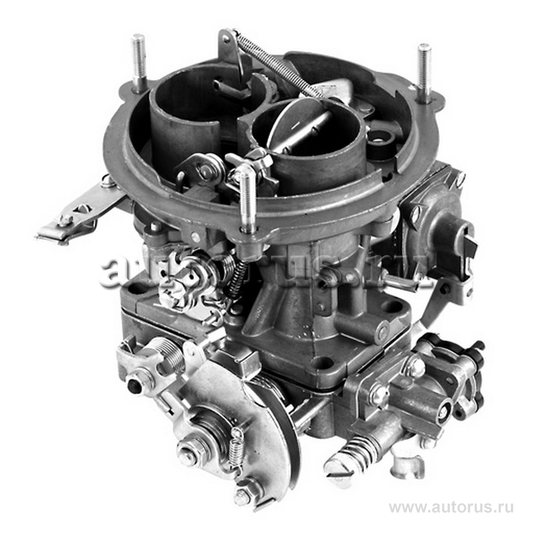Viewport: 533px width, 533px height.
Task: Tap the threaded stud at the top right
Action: pos(424,72)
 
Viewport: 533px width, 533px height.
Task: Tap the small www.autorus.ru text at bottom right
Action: pos(451,508)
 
